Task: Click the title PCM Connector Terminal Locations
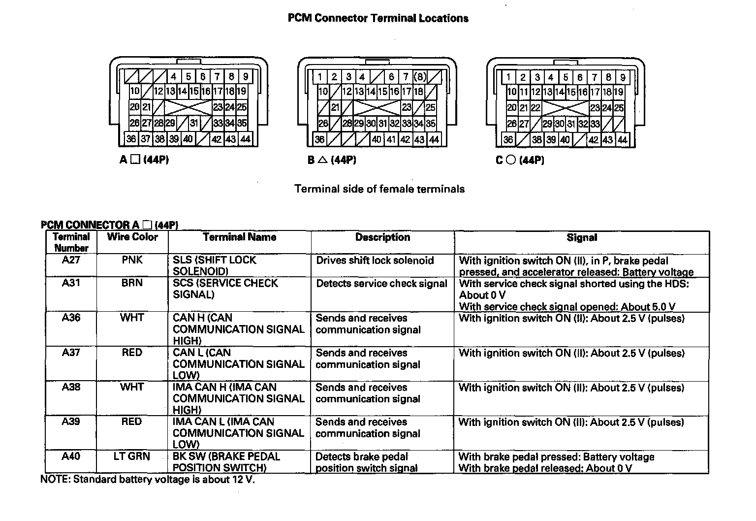[378, 19]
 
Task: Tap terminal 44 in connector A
[245, 139]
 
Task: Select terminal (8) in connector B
[420, 77]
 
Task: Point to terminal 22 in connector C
[535, 108]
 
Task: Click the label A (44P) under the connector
[144, 160]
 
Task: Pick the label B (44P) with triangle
[332, 160]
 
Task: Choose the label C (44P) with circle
[520, 160]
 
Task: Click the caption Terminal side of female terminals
[379, 189]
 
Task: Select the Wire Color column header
[132, 237]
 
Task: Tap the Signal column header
[582, 238]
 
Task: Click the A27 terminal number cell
[71, 260]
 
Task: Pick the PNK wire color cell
[132, 260]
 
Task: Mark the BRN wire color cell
[132, 283]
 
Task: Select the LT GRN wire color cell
[132, 456]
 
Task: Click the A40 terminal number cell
[71, 456]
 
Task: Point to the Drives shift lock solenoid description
[375, 260]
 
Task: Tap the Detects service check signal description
[381, 284]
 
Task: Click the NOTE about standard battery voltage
[148, 480]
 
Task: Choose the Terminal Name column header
[240, 237]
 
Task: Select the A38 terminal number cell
[71, 387]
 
